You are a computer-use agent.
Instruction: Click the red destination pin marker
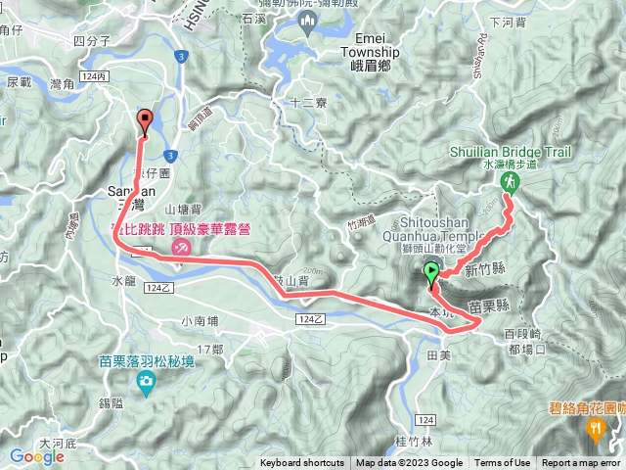pos(147,121)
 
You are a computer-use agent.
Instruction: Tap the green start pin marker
pos(431,273)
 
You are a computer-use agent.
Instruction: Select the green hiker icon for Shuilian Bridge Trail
pos(509,183)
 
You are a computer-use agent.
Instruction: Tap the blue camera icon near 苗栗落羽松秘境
pos(146,380)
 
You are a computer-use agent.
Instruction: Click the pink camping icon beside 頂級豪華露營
pos(181,248)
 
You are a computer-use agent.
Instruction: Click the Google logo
pos(37,455)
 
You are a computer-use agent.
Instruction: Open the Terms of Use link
pos(503,463)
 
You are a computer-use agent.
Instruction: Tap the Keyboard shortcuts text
pos(302,463)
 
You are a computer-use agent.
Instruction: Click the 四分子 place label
pos(91,42)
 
